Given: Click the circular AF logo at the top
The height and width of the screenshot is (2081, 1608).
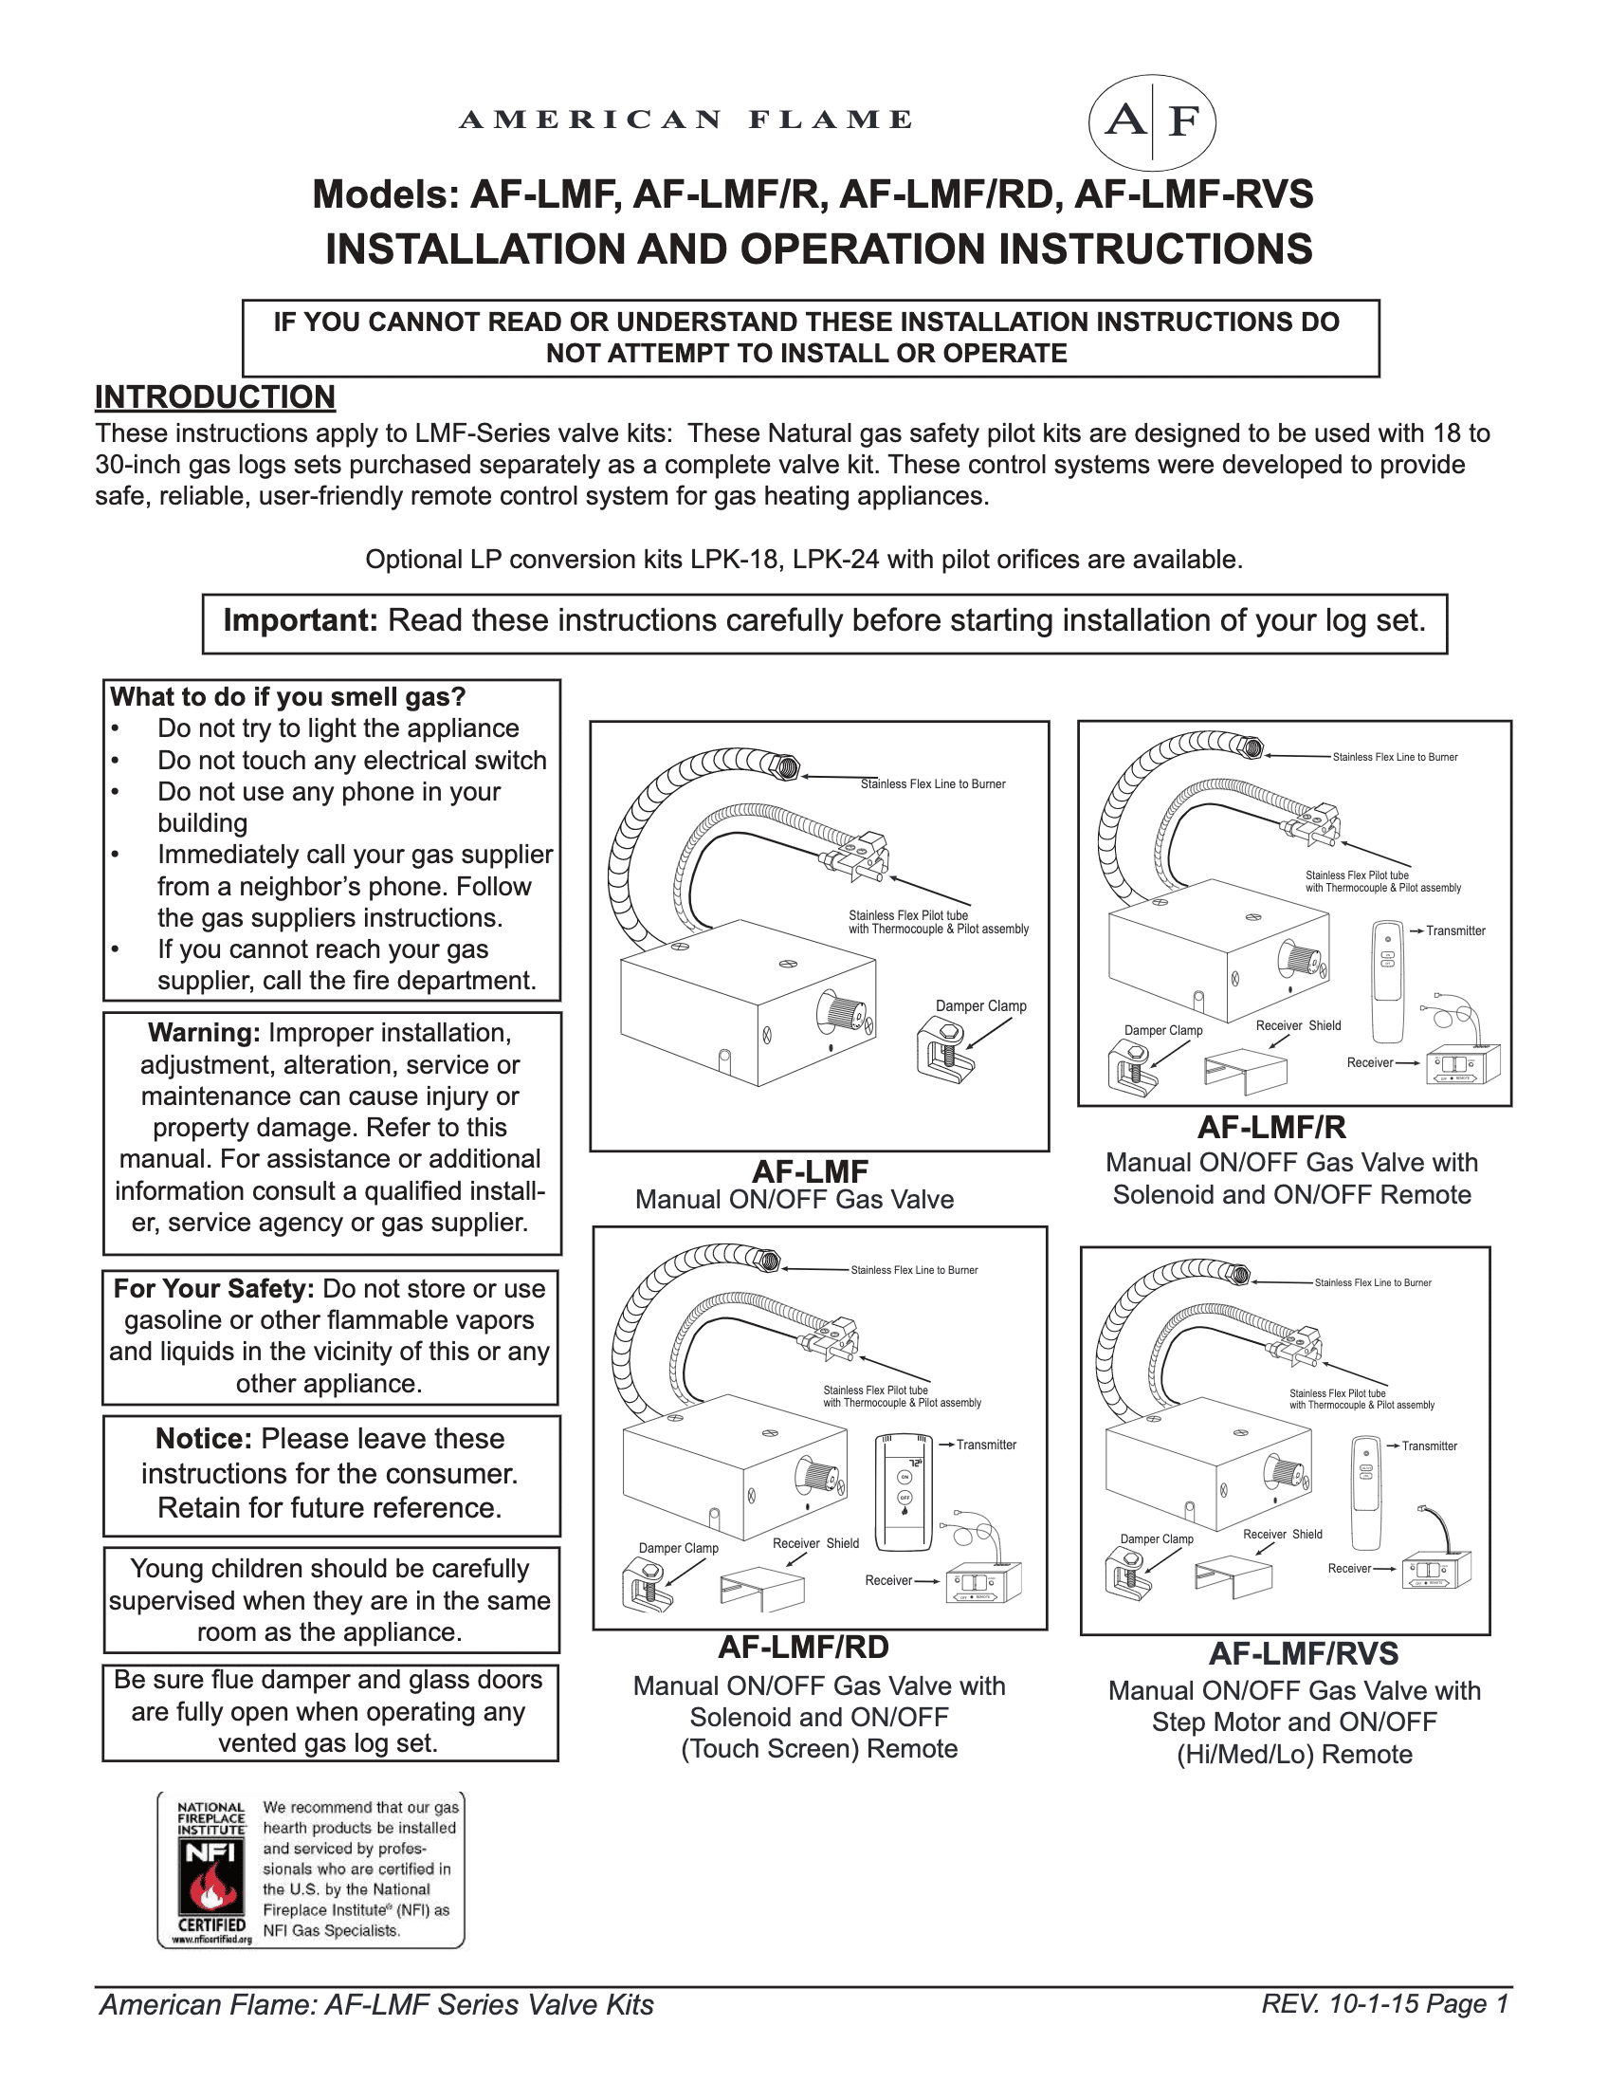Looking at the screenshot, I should point(1152,121).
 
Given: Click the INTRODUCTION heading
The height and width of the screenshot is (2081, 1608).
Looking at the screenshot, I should point(214,396).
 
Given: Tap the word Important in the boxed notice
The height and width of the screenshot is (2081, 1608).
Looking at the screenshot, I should point(300,620).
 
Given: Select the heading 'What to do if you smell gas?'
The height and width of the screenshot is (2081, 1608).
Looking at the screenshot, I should point(287,696).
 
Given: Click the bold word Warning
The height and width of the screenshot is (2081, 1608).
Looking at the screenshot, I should point(204,1033).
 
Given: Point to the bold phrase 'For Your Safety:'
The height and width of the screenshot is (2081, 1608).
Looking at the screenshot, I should point(213,1288).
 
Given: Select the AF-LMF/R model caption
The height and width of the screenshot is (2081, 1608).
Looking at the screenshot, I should point(1271,1127).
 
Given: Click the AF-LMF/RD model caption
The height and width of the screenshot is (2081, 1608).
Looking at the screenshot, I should point(803,1648).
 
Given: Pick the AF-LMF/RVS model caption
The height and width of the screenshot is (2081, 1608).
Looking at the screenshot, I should point(1303,1653).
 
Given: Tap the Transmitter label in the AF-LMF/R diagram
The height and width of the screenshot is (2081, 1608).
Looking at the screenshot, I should point(1454,930).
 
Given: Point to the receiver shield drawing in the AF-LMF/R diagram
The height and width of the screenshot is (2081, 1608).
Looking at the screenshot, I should point(1245,1069).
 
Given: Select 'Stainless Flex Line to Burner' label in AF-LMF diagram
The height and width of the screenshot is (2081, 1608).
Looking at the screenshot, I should point(933,784).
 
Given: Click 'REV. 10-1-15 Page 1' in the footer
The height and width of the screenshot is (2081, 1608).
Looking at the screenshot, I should point(1384,2004).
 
